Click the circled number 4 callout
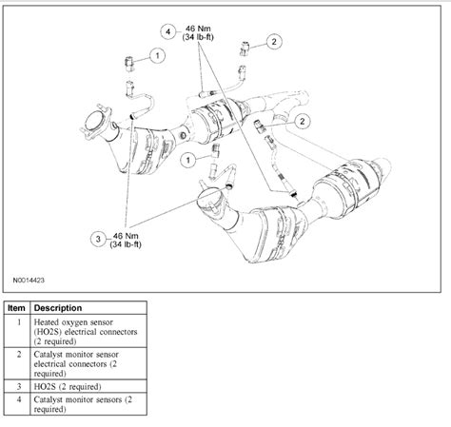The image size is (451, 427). (168, 31)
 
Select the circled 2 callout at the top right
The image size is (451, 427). (274, 41)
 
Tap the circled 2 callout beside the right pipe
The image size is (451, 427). (303, 121)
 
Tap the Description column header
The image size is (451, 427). (60, 308)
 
